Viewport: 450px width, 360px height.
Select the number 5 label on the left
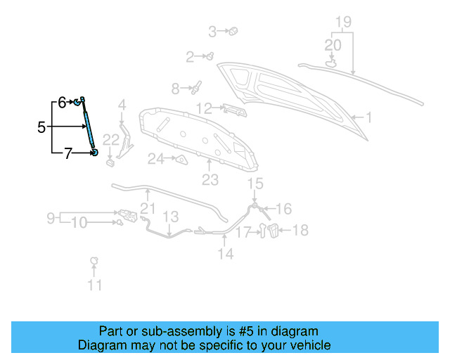click(41, 127)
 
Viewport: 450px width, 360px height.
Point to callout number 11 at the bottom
click(94, 285)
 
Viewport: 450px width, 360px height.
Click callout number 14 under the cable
click(225, 254)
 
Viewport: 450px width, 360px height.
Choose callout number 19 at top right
click(342, 22)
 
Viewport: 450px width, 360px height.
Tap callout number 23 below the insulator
click(210, 181)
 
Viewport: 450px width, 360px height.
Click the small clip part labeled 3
click(234, 31)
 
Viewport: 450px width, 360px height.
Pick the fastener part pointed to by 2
click(209, 56)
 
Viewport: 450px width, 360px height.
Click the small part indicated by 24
click(181, 160)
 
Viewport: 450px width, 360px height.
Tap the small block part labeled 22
click(110, 163)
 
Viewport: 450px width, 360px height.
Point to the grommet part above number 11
click(94, 262)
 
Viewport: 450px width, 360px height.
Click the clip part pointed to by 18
click(274, 231)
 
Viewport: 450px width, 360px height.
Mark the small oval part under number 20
click(331, 63)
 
